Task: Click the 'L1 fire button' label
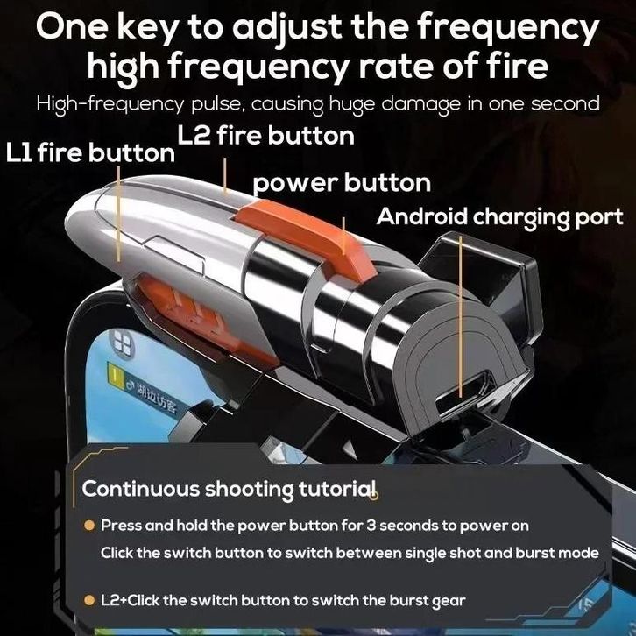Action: (x=90, y=153)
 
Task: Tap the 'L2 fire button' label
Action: (x=265, y=136)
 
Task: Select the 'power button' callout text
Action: (x=342, y=183)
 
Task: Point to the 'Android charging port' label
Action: (x=499, y=218)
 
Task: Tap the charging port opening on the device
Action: (x=463, y=392)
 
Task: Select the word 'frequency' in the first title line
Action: (x=508, y=28)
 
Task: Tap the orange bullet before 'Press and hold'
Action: (x=88, y=526)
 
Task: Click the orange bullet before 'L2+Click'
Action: (x=88, y=600)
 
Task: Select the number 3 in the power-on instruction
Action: (x=371, y=526)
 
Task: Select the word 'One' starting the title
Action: (x=72, y=27)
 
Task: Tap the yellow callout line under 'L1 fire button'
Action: (x=118, y=214)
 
